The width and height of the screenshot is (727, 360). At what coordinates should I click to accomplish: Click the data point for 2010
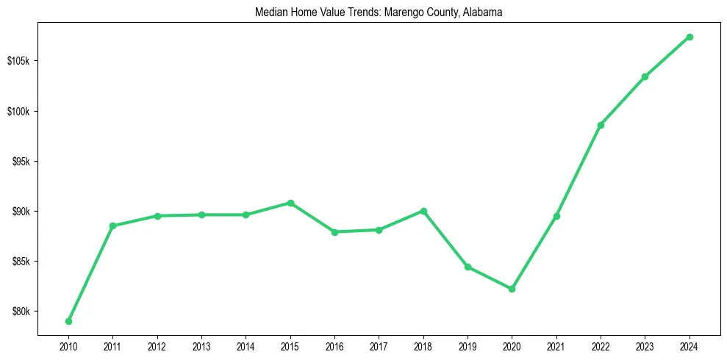click(x=68, y=321)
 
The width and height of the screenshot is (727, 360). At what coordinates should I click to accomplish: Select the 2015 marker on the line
click(x=290, y=203)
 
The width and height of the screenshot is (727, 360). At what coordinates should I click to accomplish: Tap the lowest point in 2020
click(x=512, y=289)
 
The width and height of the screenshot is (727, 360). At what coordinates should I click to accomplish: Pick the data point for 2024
click(x=690, y=37)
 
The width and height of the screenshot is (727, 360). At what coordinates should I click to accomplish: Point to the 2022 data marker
click(x=601, y=125)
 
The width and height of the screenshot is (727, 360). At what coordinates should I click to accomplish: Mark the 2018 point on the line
click(x=423, y=211)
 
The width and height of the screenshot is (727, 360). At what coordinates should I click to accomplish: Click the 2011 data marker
click(x=112, y=226)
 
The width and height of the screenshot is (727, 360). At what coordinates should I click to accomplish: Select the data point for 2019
click(x=468, y=267)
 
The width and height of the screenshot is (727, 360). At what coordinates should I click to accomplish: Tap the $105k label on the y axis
click(x=18, y=61)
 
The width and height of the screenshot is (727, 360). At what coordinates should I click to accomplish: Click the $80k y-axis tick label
click(x=20, y=312)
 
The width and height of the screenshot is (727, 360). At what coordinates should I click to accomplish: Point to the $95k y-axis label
click(x=20, y=162)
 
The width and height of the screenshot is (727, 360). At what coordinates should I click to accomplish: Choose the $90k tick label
click(x=20, y=212)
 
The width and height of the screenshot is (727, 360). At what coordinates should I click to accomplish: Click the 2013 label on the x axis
click(x=201, y=345)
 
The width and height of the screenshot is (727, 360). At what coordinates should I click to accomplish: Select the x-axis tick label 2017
click(x=379, y=345)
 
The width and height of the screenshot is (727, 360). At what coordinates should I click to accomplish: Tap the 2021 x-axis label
click(x=556, y=345)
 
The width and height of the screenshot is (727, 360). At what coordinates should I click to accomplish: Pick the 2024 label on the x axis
click(x=690, y=345)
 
